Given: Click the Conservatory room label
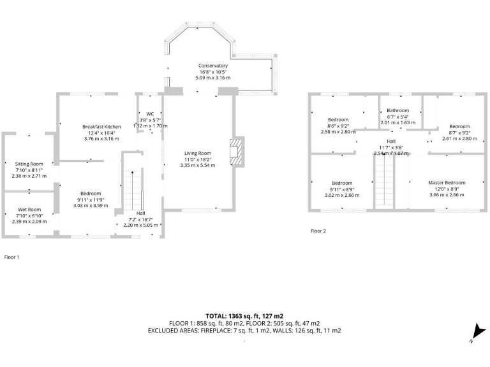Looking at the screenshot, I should (x=212, y=66).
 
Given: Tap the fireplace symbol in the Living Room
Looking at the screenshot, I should (x=237, y=152).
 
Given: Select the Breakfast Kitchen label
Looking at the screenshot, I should (x=101, y=127).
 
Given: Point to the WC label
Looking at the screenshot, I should (x=150, y=114).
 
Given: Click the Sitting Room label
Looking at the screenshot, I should (x=29, y=164).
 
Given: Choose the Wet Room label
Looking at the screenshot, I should (x=29, y=209).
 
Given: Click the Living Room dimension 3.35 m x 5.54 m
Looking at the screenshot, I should (x=198, y=165).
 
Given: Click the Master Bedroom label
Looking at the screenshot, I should (x=447, y=183).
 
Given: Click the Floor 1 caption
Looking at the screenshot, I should (x=12, y=257).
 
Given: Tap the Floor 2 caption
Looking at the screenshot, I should (x=318, y=231).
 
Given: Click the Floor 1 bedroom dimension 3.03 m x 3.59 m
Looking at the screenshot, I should (x=91, y=205).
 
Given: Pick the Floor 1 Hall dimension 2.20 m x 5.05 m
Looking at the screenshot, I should (x=140, y=225).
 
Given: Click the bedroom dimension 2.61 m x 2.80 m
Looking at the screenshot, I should (x=459, y=138).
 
